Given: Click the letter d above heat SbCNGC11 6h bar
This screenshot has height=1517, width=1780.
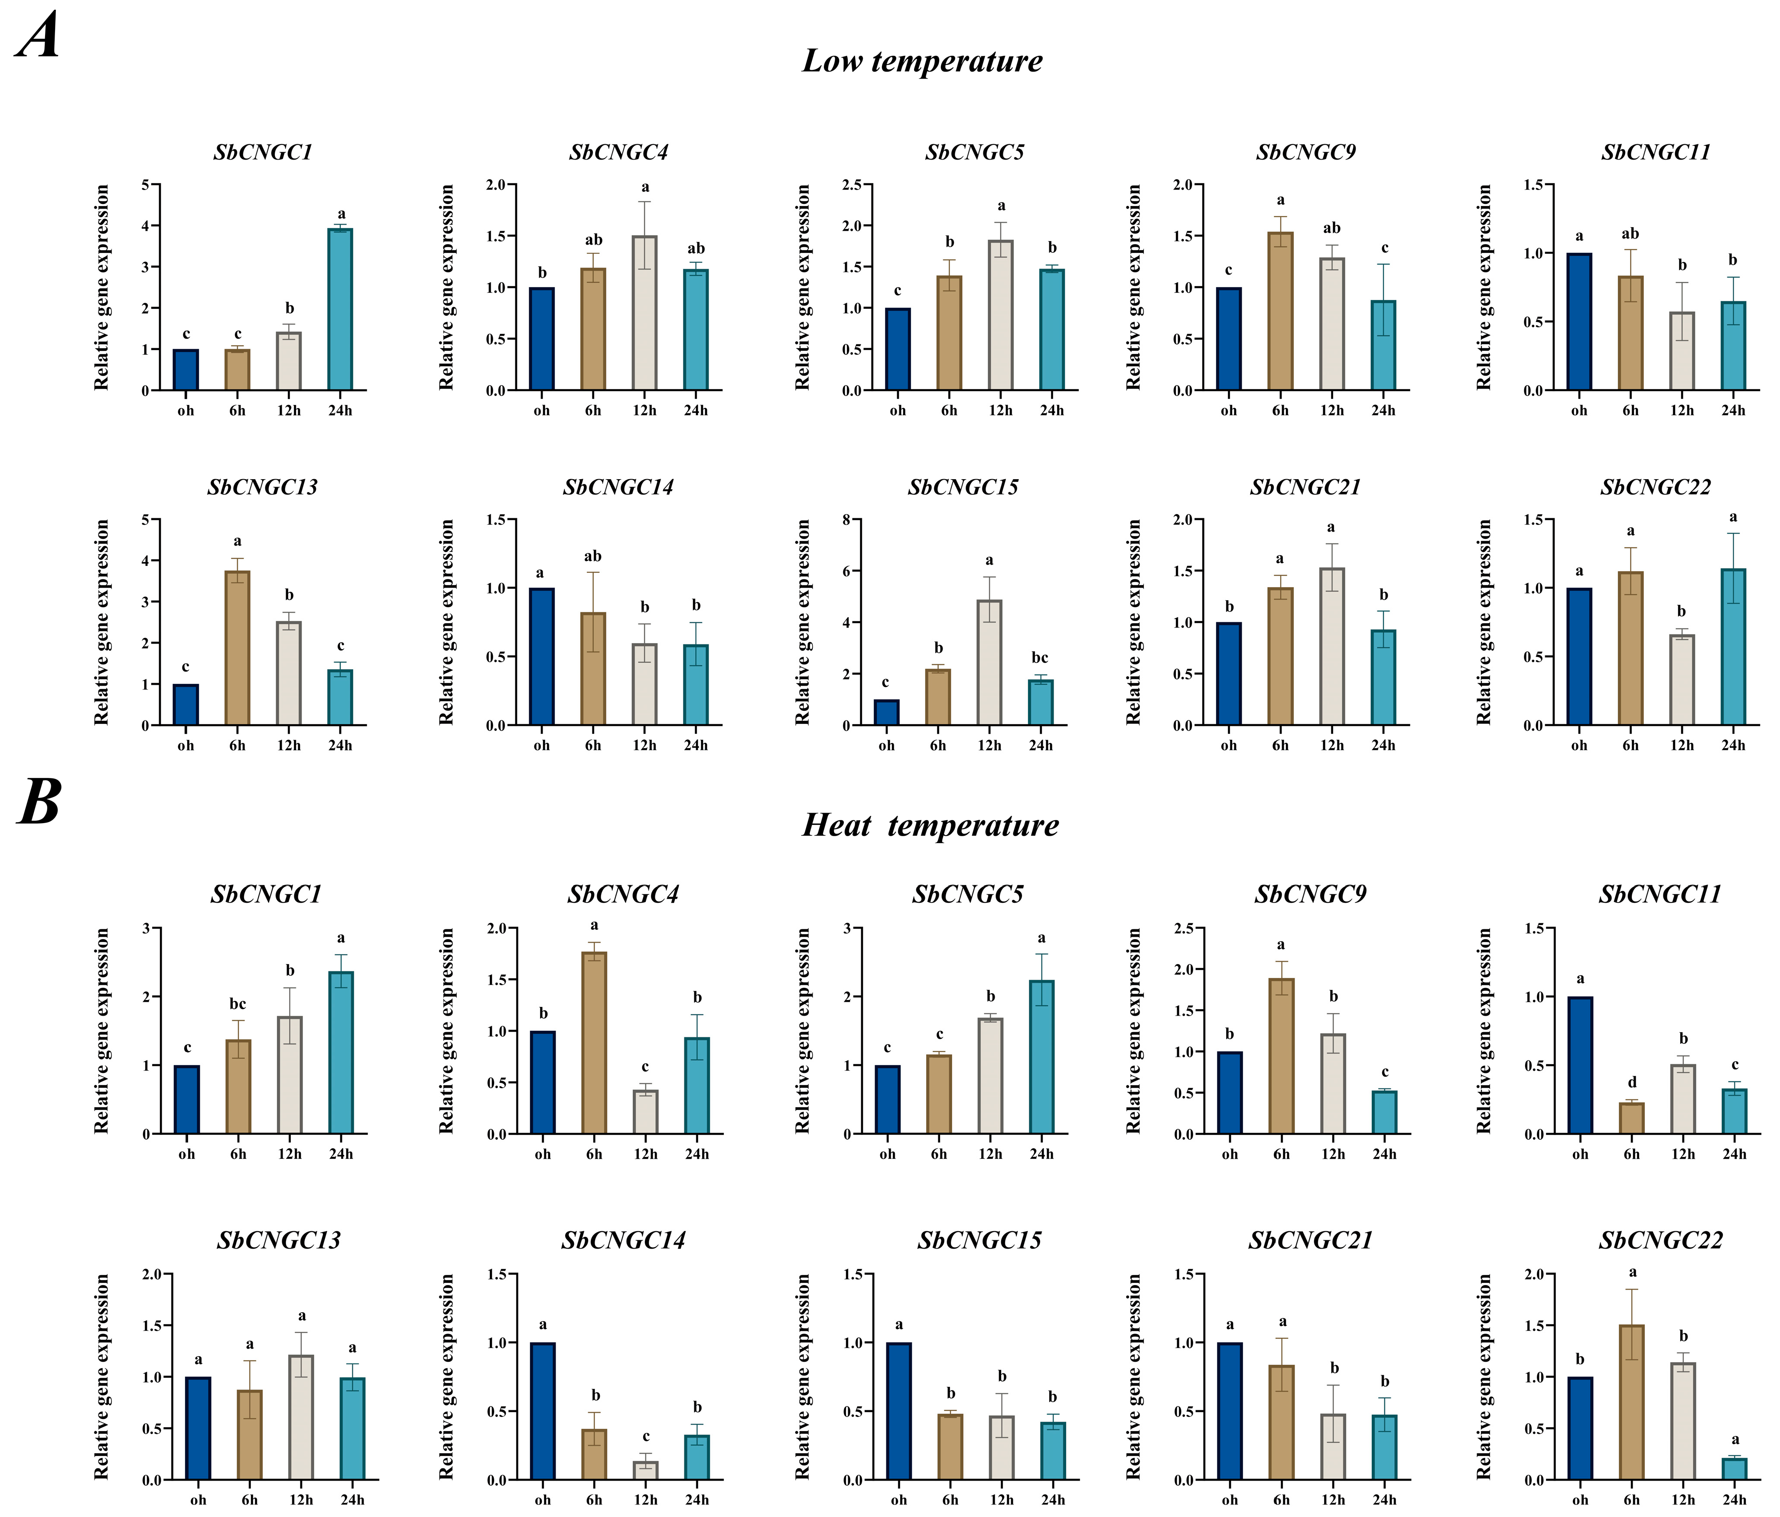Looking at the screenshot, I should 1631,1082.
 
